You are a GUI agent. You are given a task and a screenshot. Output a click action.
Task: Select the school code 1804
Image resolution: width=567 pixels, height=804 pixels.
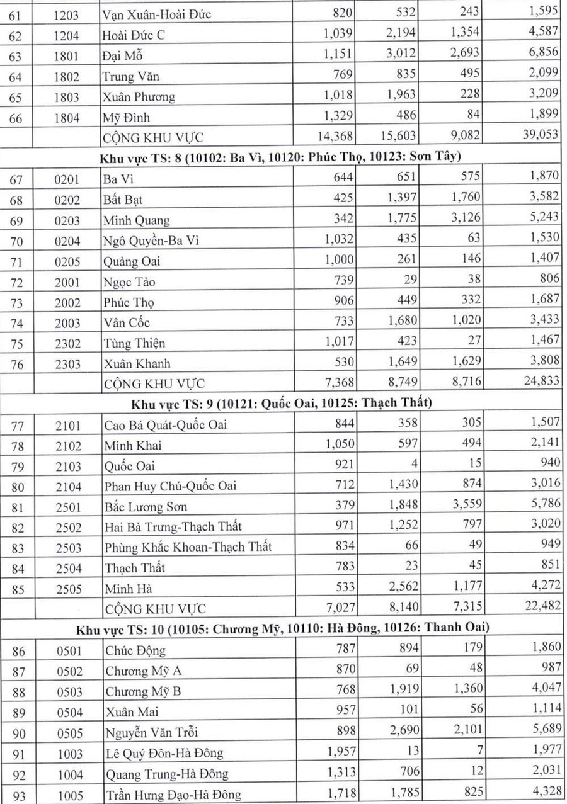[x=66, y=117]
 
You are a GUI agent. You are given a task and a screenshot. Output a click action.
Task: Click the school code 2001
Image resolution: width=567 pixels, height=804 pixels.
[x=66, y=282]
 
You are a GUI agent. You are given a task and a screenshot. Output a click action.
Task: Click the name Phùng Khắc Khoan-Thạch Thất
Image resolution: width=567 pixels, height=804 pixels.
[x=188, y=547]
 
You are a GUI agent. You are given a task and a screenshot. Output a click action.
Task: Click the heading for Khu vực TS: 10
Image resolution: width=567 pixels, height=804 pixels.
[x=283, y=628]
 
